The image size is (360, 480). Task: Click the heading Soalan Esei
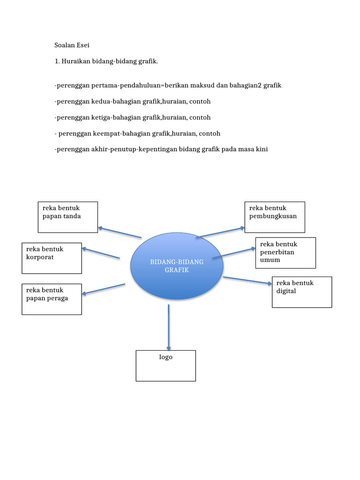[71, 45]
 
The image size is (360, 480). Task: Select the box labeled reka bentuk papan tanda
[67, 217]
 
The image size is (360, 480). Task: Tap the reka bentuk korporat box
[52, 258]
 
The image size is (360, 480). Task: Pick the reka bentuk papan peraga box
[52, 299]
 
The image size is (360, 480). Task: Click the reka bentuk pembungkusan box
[275, 217]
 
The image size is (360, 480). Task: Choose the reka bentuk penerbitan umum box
[285, 253]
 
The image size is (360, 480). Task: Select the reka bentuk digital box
[302, 292]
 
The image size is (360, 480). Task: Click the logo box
[165, 366]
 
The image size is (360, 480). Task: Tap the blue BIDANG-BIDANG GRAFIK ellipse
[177, 266]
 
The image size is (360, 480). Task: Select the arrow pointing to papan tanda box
[120, 232]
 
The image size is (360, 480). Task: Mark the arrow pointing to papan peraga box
[104, 289]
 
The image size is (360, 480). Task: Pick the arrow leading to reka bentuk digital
[247, 280]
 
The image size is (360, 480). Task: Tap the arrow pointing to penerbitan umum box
[237, 251]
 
